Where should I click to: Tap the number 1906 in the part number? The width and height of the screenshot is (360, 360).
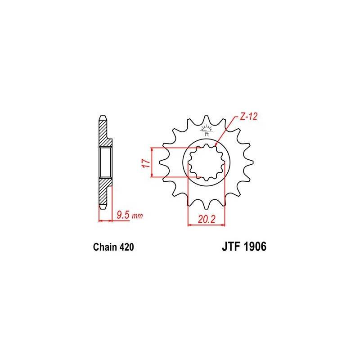pos(255,247)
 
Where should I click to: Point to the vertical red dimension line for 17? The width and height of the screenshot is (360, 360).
pos(153,162)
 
